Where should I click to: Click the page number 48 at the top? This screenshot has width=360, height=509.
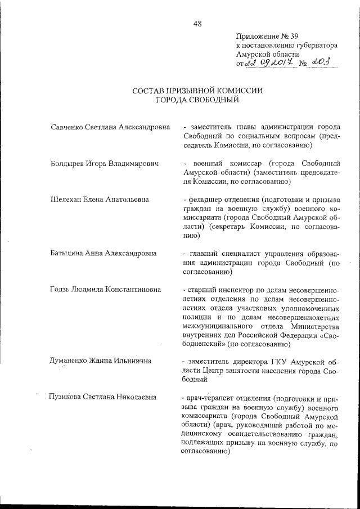tap(197, 23)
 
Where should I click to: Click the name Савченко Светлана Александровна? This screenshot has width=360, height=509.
tap(110, 128)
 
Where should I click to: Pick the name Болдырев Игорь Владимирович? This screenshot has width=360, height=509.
tap(104, 164)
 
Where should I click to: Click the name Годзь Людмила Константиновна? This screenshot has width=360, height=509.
tap(105, 290)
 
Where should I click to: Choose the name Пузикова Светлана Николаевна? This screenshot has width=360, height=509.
tap(105, 398)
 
